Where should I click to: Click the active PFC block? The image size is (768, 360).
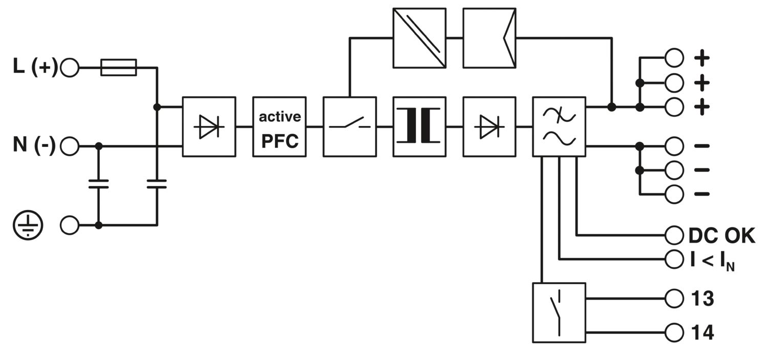coord(280,126)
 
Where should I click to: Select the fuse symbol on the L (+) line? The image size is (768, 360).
coord(119,67)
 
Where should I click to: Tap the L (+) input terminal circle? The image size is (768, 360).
coord(70,67)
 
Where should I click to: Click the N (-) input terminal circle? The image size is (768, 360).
coord(70,146)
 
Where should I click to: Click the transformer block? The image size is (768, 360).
coord(419,126)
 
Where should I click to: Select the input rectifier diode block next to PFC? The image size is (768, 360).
coord(209,126)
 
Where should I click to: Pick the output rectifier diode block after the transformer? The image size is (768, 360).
coord(489,126)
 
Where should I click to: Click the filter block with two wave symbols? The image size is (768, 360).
coord(559,126)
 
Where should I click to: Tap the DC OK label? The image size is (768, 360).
coord(721,236)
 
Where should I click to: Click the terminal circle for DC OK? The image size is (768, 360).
coord(674,236)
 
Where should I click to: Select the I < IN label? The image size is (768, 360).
coord(712,260)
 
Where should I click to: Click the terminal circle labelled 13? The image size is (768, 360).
coord(674,298)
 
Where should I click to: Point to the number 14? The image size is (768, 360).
coord(702,333)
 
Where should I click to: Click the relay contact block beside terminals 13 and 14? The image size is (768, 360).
coord(559,312)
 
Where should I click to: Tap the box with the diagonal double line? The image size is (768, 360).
coord(419,37)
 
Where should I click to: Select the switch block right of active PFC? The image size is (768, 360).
coord(350,126)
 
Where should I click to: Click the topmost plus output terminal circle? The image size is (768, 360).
coord(674,58)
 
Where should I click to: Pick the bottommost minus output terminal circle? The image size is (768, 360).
coord(674,194)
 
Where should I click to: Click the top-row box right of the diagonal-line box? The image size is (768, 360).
coord(489,37)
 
